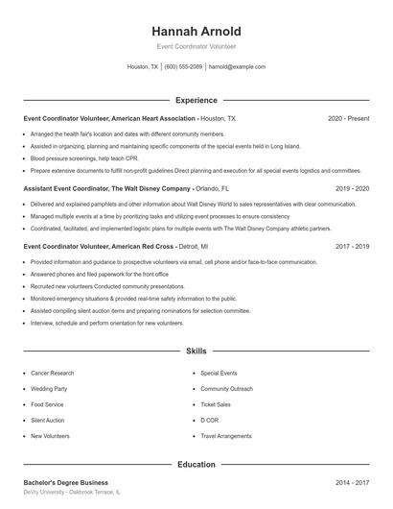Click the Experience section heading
pyautogui.click(x=196, y=100)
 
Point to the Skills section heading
pyautogui.click(x=196, y=352)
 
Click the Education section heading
pyautogui.click(x=196, y=464)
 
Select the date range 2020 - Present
pyautogui.click(x=348, y=118)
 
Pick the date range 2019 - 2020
pyautogui.click(x=352, y=188)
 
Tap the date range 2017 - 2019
pyautogui.click(x=352, y=246)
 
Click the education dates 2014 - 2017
pyautogui.click(x=352, y=482)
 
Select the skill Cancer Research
pyautogui.click(x=53, y=372)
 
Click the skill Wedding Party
pyautogui.click(x=50, y=388)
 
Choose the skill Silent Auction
pyautogui.click(x=49, y=420)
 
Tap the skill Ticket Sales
pyautogui.click(x=217, y=404)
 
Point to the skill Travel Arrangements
pyautogui.click(x=226, y=436)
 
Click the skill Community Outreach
pyautogui.click(x=226, y=388)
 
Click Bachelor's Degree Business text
pyautogui.click(x=66, y=482)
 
